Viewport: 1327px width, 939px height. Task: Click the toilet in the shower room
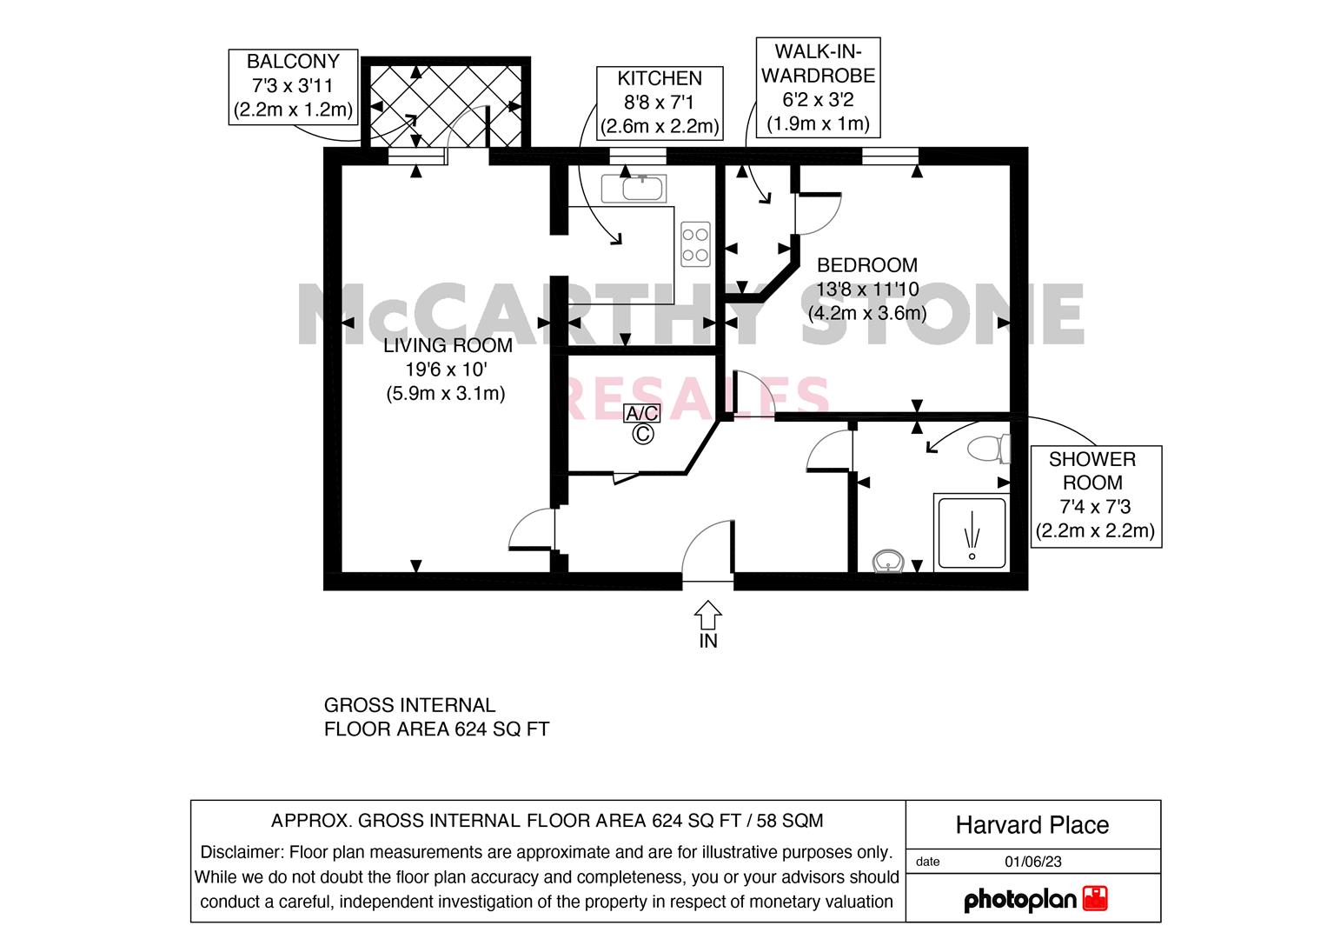989,449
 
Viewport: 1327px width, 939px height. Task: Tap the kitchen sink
634,190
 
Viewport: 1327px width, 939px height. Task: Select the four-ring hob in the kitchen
695,244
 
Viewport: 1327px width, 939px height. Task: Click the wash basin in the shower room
888,561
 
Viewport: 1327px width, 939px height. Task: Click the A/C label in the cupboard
642,413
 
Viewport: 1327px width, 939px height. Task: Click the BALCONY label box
293,87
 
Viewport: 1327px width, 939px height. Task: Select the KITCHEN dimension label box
660,103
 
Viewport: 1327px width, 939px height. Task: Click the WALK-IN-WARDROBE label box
818,88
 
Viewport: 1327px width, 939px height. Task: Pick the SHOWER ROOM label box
1096,496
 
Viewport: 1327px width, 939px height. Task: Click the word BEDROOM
867,265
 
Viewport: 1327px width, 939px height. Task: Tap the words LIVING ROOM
448,346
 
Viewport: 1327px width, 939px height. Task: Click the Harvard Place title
1032,825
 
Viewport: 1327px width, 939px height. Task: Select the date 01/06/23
1033,862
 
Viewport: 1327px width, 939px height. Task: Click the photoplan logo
1036,899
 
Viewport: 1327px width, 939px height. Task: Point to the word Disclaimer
242,852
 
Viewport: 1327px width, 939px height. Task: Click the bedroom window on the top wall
890,156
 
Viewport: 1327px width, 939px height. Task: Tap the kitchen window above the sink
638,156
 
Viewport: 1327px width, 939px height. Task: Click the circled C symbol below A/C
643,434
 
